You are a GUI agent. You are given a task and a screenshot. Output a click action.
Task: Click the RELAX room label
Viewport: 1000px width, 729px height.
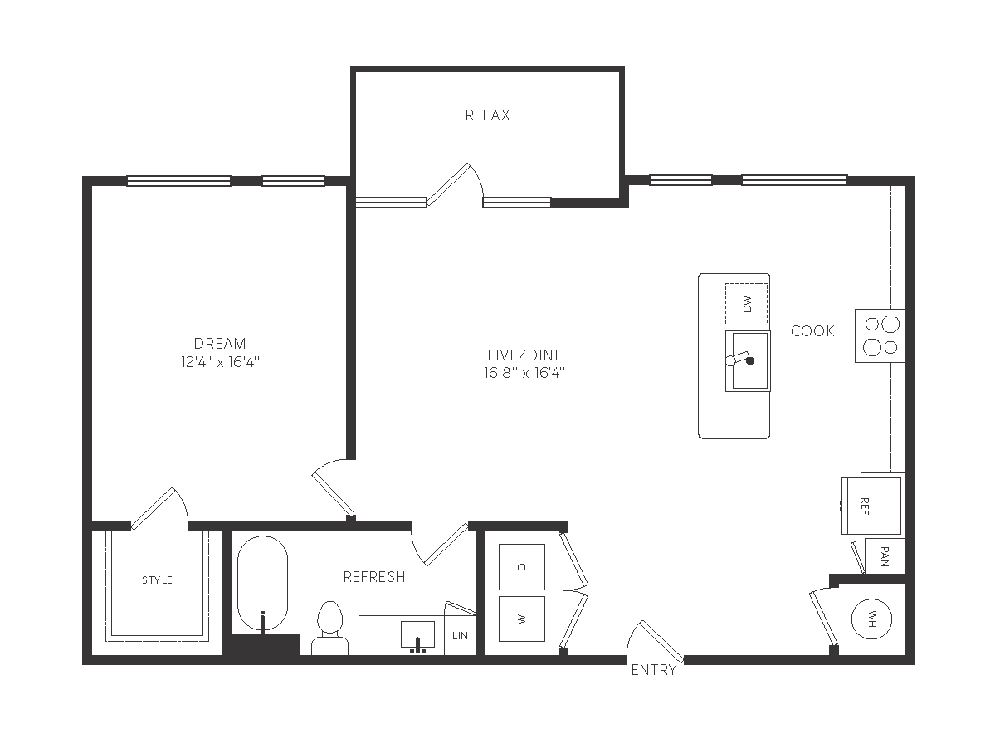click(487, 115)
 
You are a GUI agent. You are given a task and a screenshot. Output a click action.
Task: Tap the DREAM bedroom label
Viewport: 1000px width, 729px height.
click(220, 344)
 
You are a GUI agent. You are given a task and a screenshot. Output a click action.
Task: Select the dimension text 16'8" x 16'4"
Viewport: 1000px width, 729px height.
click(524, 373)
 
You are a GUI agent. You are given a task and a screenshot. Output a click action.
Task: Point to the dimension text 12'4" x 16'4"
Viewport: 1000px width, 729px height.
click(220, 362)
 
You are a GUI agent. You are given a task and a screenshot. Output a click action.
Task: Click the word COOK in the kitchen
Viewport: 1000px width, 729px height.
click(812, 331)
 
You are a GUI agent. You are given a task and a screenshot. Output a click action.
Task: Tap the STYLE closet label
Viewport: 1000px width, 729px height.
click(157, 580)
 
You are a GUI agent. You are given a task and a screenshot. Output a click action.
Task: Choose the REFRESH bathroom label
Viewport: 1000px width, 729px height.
click(374, 577)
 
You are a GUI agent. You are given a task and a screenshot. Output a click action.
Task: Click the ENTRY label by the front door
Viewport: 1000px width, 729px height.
click(654, 670)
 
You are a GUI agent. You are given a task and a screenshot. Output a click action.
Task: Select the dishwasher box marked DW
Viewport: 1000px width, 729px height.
click(747, 304)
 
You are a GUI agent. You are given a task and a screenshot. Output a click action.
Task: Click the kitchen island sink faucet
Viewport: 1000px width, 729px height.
click(740, 360)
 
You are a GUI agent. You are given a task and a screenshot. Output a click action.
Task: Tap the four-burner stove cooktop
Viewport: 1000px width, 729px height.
click(880, 335)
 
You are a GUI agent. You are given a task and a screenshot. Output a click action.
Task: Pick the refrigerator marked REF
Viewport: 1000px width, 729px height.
click(871, 506)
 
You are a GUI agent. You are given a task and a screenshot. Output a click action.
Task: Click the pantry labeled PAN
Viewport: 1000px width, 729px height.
click(885, 556)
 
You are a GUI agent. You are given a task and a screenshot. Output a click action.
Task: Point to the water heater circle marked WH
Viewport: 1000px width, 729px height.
click(872, 619)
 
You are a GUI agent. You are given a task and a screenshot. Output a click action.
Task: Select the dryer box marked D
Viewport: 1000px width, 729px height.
click(522, 567)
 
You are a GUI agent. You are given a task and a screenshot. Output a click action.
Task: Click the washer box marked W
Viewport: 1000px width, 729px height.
click(522, 619)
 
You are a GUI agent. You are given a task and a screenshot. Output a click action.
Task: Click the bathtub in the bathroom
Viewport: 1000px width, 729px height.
click(262, 583)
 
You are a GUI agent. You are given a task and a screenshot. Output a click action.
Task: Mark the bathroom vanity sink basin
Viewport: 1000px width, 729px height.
click(418, 634)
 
